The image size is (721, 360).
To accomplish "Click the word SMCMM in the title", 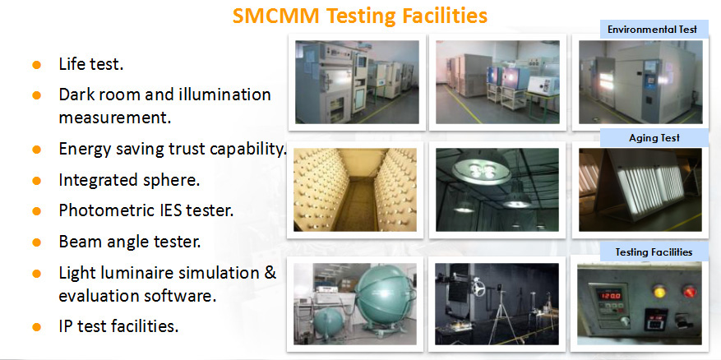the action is click(275, 16).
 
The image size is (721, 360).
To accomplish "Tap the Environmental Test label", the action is click(652, 30).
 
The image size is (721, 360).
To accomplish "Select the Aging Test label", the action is click(654, 137).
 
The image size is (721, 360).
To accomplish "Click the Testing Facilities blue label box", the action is click(654, 252).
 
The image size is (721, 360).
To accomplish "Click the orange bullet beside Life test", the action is click(37, 65).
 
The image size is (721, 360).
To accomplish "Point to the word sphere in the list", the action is click(171, 180).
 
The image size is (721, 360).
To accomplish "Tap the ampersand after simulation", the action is click(270, 272).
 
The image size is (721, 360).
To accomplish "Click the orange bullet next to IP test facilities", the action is click(37, 327).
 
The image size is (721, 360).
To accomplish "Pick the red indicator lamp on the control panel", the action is click(688, 291).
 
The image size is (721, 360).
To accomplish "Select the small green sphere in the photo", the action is click(329, 322).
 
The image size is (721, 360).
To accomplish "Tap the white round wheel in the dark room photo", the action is click(478, 288).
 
